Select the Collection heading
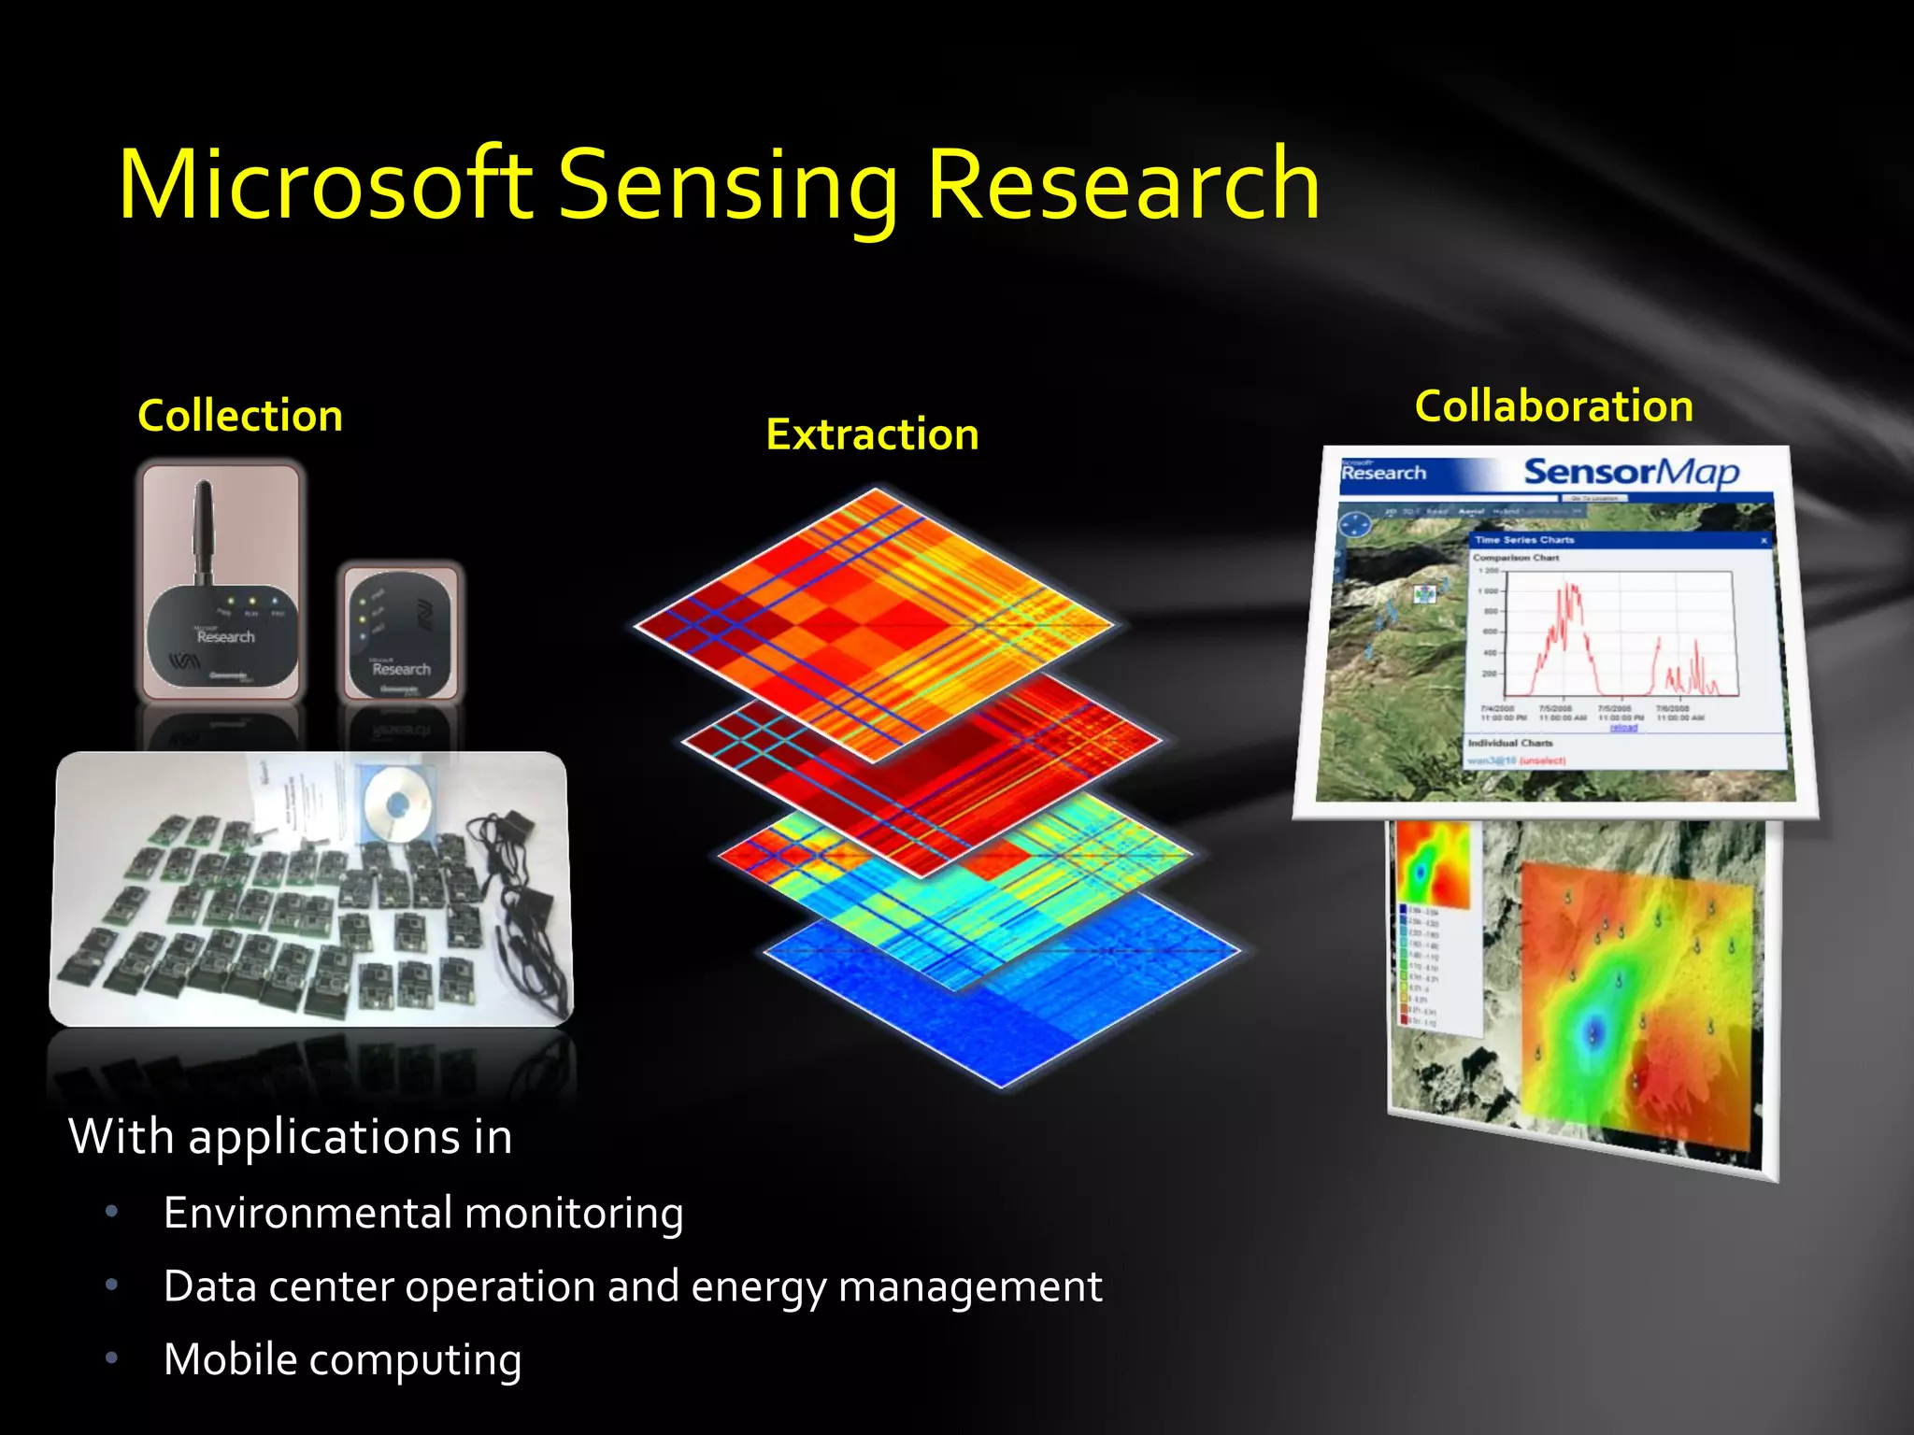coord(240,416)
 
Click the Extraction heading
coord(872,434)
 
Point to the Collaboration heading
coord(1553,406)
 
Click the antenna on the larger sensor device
coord(203,528)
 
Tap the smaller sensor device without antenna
coord(400,635)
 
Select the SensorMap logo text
coord(1631,472)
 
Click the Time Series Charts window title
coord(1524,540)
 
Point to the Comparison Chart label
coord(1516,558)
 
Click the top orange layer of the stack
coord(874,598)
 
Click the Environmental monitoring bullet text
coord(423,1213)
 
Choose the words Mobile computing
coord(342,1359)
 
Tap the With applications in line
coord(290,1137)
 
